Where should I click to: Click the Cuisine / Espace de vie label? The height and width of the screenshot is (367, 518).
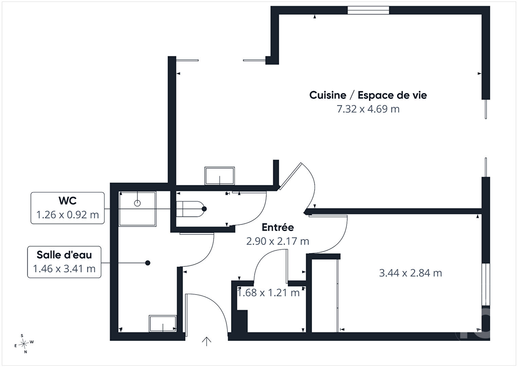coord(368,95)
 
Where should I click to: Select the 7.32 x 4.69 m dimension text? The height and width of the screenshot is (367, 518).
coord(368,109)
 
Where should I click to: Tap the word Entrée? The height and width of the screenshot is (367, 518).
coord(278,227)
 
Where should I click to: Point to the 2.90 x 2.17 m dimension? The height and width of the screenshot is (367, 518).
coord(278,241)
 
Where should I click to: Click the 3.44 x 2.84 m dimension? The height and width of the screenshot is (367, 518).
coord(410,273)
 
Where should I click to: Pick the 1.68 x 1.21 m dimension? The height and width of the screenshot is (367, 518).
coord(269,293)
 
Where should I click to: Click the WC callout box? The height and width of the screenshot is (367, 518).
coord(68,208)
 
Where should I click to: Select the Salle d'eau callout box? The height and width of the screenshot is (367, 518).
coord(64,262)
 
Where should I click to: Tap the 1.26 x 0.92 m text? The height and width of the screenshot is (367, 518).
coord(68,215)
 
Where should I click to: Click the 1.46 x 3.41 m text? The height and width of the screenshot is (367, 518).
coord(64,269)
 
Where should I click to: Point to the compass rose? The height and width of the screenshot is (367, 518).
coord(24,344)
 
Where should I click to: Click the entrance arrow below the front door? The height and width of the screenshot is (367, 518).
coord(206,341)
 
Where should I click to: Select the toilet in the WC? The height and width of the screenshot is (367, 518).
coord(190,209)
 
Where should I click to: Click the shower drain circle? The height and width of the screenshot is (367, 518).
coord(137,203)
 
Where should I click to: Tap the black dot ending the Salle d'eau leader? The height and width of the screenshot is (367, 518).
coord(148,263)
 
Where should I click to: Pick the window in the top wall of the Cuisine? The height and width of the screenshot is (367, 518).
coord(368,11)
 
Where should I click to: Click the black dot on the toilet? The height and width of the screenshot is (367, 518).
coord(204,209)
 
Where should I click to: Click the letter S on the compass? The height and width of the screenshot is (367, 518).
coord(22,336)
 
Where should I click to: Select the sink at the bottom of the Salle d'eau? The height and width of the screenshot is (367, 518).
coord(163,323)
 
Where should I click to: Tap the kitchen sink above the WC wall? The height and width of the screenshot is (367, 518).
coord(220,176)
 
